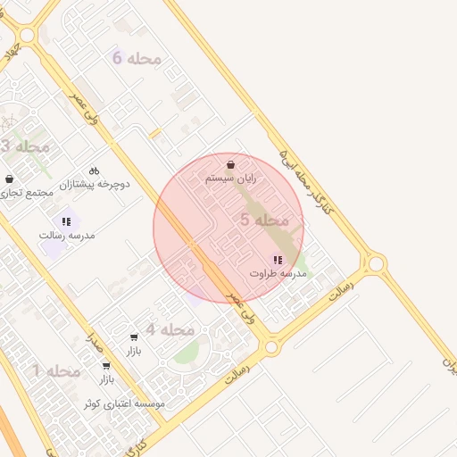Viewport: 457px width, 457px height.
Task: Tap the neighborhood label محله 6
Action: pyautogui.click(x=137, y=59)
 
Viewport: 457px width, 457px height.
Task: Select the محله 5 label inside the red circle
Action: pyautogui.click(x=264, y=220)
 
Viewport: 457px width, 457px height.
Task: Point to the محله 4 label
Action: pyautogui.click(x=170, y=330)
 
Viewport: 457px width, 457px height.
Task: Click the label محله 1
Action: pyautogui.click(x=56, y=370)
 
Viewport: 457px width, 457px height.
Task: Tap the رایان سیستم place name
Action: pyautogui.click(x=230, y=179)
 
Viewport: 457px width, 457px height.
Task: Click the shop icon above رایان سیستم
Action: pyautogui.click(x=231, y=165)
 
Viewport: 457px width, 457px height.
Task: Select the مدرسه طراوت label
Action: pyautogui.click(x=278, y=273)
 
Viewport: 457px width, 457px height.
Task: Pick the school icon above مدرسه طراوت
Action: pyautogui.click(x=278, y=260)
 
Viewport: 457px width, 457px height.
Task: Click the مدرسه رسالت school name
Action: pyautogui.click(x=67, y=236)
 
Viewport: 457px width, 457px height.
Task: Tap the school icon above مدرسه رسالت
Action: pyautogui.click(x=66, y=221)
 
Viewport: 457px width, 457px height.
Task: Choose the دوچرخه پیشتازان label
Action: pyautogui.click(x=95, y=185)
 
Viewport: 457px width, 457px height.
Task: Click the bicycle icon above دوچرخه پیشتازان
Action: pyautogui.click(x=94, y=171)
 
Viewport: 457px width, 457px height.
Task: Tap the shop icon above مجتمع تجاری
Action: pyautogui.click(x=9, y=179)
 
